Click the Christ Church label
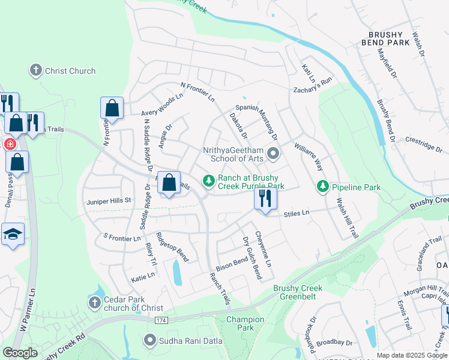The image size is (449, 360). [x=70, y=71]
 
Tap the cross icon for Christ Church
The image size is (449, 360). [x=35, y=70]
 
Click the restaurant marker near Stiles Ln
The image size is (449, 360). [x=265, y=198]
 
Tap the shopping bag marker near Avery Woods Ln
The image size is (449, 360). [x=112, y=109]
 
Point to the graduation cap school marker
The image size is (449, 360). [x=13, y=235]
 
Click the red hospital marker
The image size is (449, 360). [x=10, y=144]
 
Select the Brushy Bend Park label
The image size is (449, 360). [x=386, y=38]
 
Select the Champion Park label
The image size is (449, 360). [x=245, y=323]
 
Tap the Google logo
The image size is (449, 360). [x=20, y=353]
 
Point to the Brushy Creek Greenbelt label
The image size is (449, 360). [x=298, y=292]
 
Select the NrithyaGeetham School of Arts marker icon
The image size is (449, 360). [x=274, y=154]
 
